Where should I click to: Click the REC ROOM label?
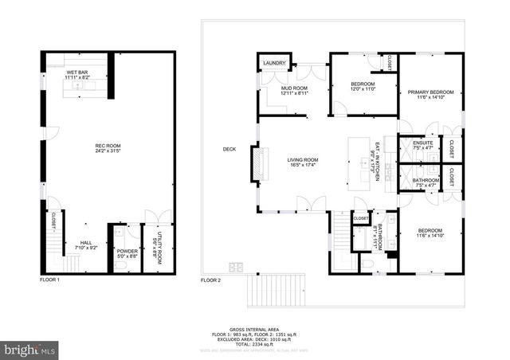[x=108, y=146]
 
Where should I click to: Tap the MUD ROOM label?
[x=294, y=89]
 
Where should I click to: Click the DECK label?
[x=229, y=149]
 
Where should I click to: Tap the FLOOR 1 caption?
[x=50, y=280]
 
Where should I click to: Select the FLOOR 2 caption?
[x=210, y=280]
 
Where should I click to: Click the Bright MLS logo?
[x=29, y=349]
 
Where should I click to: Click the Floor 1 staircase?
[x=53, y=250]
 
